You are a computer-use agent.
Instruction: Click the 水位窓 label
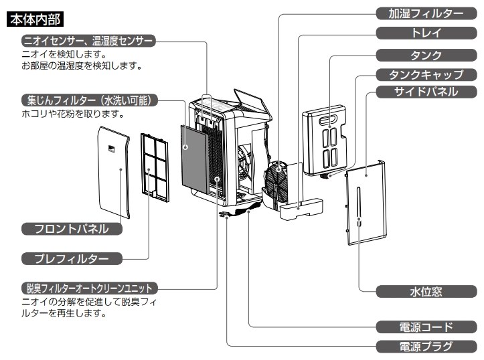[426, 292]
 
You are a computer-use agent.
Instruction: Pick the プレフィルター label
[73, 258]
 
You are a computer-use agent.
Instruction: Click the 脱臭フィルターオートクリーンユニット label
[88, 288]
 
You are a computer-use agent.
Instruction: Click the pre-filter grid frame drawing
[155, 165]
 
